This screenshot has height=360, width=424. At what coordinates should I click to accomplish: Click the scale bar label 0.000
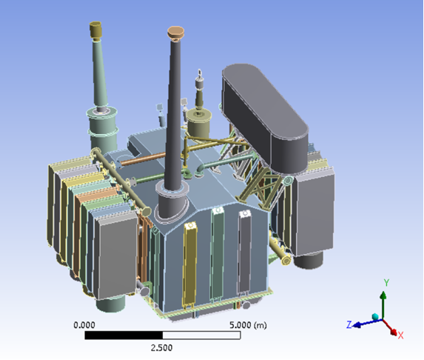click(x=84, y=324)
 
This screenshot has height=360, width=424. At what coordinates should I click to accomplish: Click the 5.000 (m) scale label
click(x=248, y=324)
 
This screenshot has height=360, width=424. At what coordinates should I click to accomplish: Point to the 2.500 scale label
click(x=161, y=347)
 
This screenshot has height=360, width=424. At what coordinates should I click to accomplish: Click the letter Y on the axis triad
click(x=387, y=282)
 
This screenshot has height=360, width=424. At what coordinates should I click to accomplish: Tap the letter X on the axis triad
click(x=400, y=336)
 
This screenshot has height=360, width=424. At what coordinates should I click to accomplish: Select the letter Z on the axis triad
click(x=349, y=324)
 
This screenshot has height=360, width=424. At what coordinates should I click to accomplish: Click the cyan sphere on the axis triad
click(x=375, y=317)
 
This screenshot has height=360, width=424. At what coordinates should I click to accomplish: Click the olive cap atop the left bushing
click(x=95, y=29)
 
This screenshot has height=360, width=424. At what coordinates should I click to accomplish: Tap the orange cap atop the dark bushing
click(x=176, y=33)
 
